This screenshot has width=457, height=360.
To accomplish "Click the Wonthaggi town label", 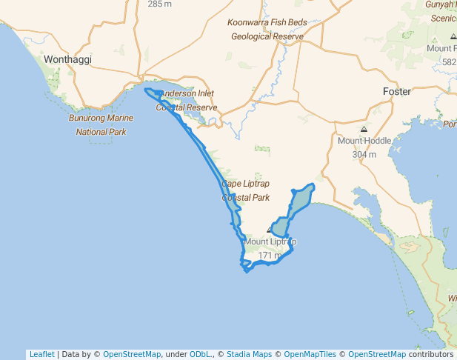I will click(67, 59).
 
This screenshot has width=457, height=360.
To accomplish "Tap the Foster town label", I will click(396, 91).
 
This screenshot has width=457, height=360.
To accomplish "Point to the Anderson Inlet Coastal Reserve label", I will click(187, 101).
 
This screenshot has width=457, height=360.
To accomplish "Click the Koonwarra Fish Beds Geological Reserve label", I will click(267, 30).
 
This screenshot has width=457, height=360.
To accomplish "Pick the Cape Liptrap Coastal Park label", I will click(246, 190).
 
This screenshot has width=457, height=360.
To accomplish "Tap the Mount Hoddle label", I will click(364, 141).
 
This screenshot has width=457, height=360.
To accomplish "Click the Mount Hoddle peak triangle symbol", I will click(364, 128).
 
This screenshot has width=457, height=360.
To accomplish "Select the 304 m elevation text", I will click(364, 155).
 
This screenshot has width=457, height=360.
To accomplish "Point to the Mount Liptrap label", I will click(270, 241).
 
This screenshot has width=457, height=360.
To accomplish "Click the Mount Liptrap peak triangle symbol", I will click(270, 230).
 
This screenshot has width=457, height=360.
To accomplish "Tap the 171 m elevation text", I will click(270, 256).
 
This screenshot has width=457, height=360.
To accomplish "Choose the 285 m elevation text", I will click(159, 4).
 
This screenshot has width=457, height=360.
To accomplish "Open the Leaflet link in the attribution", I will click(41, 354).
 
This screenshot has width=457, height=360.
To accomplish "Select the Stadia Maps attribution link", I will click(249, 354).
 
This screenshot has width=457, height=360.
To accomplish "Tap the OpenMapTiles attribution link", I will click(310, 354).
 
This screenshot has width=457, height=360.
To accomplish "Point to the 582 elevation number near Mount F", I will click(449, 62).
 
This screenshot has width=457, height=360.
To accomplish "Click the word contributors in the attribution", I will click(430, 354).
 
